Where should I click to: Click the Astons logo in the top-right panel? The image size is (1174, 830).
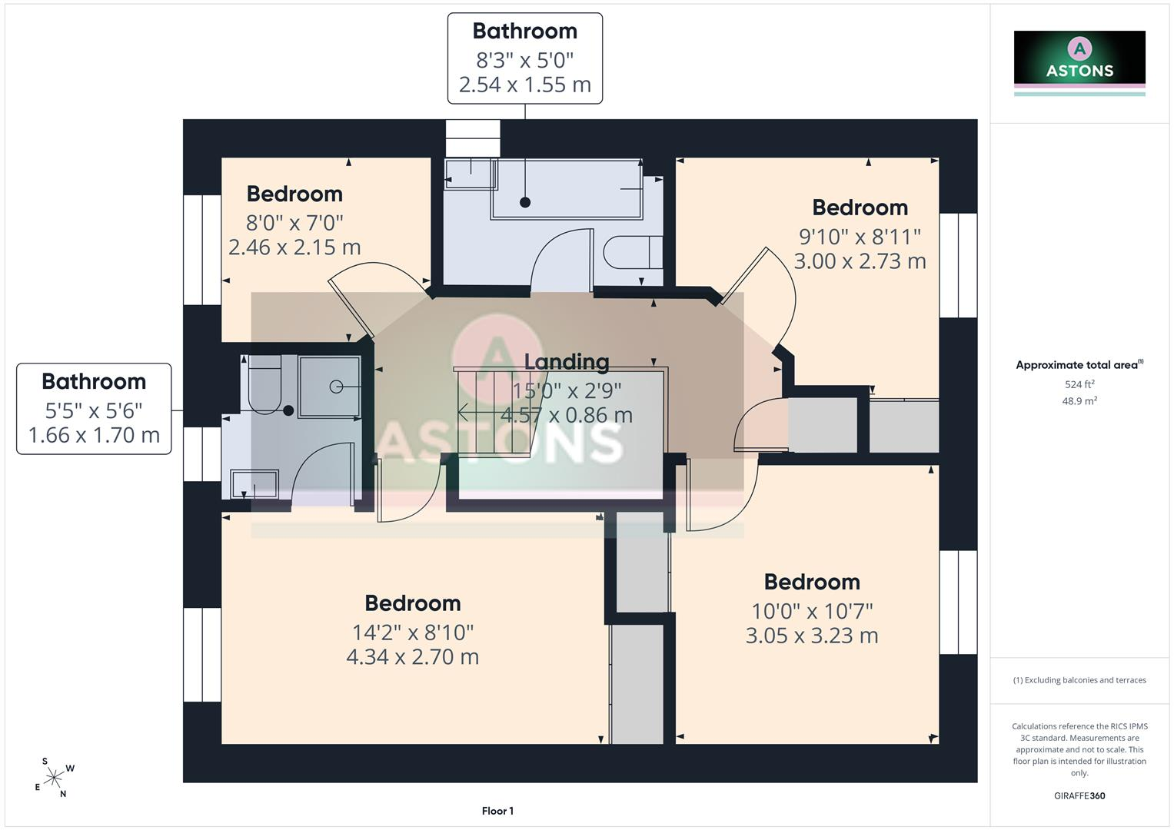click(1079, 63)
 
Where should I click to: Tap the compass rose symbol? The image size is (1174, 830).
click(54, 778)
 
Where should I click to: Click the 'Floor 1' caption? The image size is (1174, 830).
click(497, 811)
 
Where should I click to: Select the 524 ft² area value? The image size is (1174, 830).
click(1079, 384)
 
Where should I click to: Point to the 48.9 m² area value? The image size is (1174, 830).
click(1079, 401)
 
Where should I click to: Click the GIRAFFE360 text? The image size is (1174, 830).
click(1079, 796)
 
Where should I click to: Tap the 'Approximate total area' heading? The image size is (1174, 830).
click(1079, 365)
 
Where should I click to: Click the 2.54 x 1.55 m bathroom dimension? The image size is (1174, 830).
click(524, 85)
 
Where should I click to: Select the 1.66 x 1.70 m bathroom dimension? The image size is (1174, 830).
click(94, 435)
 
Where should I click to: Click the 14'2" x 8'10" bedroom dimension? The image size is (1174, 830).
click(412, 632)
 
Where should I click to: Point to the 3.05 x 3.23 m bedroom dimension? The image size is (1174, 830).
click(812, 636)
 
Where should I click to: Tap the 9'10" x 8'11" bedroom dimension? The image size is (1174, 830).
click(860, 237)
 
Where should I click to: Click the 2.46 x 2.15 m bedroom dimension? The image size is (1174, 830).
click(294, 247)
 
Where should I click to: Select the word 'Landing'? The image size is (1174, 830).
click(567, 361)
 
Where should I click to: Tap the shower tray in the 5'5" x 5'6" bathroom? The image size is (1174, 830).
click(329, 387)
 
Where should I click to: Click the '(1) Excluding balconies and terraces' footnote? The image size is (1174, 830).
click(1079, 680)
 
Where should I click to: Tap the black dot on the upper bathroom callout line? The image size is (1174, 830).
click(524, 202)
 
